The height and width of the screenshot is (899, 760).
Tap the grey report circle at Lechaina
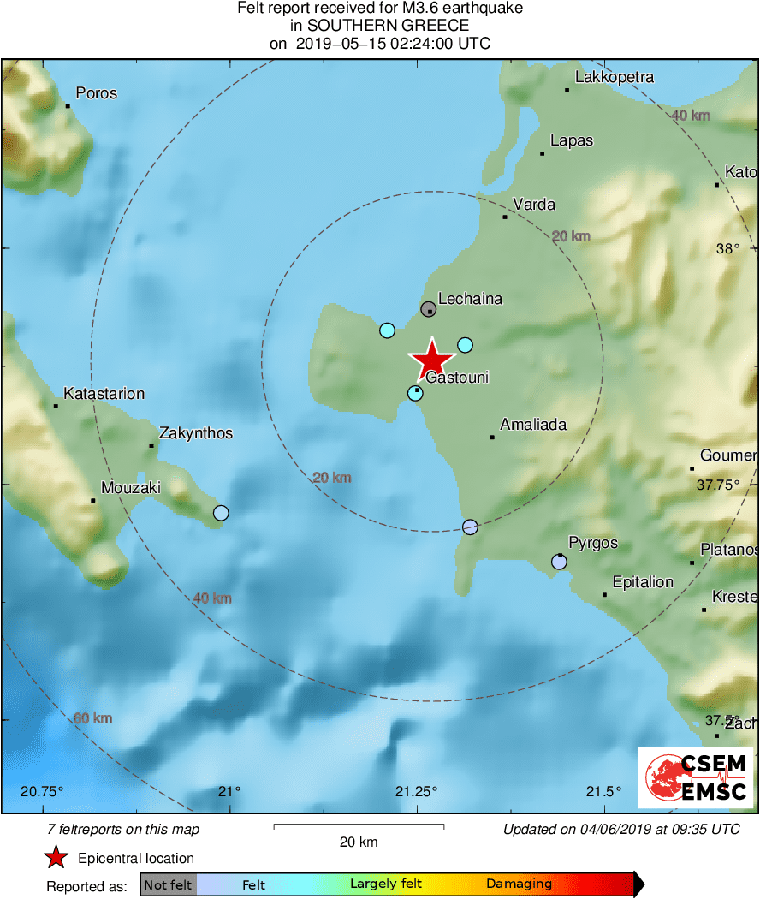tap(429, 309)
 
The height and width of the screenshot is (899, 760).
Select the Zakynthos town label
tap(196, 433)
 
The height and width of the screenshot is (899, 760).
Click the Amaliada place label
tap(533, 425)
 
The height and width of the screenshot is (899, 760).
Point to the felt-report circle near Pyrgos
tap(559, 563)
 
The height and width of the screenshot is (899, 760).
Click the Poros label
tap(97, 93)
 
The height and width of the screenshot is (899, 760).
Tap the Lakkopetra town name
tap(615, 77)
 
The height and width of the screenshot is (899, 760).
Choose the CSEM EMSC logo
tap(696, 777)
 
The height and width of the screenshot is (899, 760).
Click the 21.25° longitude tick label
tap(417, 790)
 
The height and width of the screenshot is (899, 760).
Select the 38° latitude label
tap(727, 249)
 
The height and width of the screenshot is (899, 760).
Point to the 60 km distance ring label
tap(92, 717)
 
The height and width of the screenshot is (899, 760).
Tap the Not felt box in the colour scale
tap(168, 884)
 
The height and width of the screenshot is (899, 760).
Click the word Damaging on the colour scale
tap(519, 884)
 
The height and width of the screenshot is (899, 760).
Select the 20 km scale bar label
tap(358, 842)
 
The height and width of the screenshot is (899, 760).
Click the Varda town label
tap(534, 205)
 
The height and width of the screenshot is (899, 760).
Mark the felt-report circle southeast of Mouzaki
tap(221, 513)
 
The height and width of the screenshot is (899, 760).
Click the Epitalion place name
tap(643, 582)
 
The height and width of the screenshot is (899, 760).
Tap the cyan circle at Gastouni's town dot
tap(415, 393)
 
